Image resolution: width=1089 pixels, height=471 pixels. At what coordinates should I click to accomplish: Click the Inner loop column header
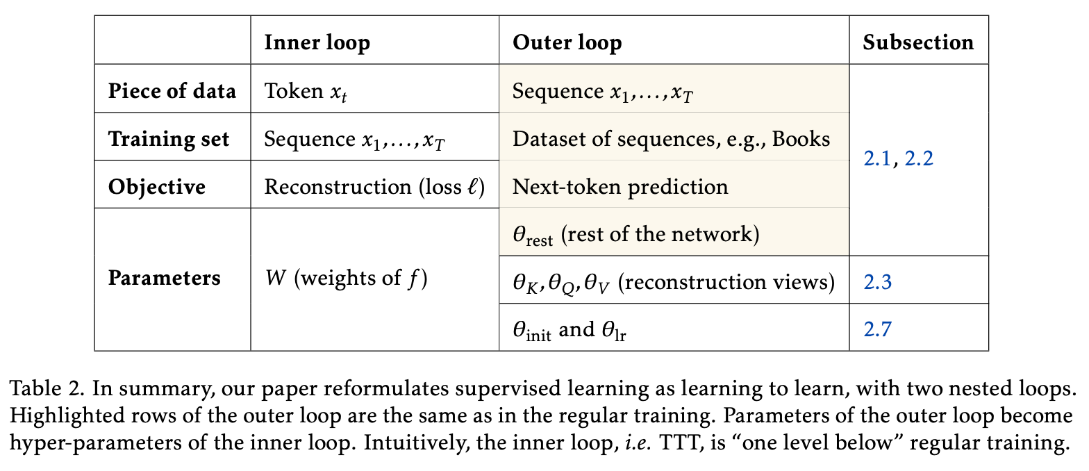317,42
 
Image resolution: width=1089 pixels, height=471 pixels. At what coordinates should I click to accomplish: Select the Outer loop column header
567,42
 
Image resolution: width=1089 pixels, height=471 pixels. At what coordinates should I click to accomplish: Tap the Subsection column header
918,42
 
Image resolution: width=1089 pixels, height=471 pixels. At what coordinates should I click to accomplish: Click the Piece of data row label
172,91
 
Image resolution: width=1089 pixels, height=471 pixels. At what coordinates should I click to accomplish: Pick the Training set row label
169,139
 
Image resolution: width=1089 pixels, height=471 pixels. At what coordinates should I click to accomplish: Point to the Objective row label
157,187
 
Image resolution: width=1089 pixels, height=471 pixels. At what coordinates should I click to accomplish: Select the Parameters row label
165,278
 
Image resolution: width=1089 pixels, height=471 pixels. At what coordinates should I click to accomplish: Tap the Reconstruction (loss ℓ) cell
374,187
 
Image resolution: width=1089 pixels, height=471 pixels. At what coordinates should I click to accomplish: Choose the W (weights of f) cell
346,279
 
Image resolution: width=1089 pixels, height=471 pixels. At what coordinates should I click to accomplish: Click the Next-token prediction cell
620,187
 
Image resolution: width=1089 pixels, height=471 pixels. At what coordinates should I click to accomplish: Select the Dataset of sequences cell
671,139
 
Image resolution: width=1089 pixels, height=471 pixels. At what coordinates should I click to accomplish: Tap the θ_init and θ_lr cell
570,329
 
